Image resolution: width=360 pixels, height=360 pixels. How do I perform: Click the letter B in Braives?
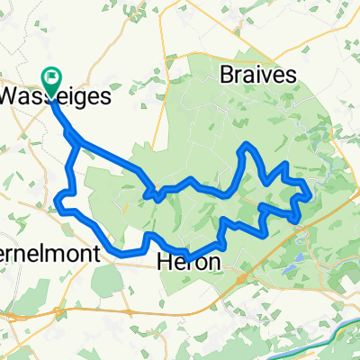226,76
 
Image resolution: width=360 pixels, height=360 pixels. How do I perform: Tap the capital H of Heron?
164,263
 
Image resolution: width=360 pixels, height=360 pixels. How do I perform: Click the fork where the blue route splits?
77,140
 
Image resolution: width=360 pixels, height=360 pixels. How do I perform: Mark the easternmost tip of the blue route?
310,193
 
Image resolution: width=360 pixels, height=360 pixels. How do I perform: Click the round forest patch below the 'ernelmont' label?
105,282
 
